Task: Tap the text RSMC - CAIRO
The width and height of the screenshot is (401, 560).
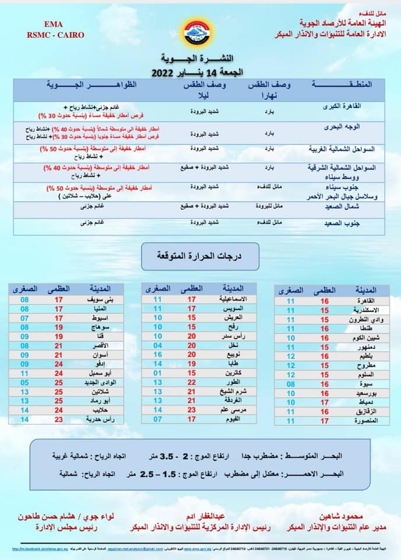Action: tap(47, 35)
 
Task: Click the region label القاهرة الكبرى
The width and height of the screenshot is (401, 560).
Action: tap(359, 107)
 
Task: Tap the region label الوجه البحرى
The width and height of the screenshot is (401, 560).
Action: tap(363, 127)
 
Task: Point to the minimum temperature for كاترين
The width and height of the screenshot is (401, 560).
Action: tap(157, 372)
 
